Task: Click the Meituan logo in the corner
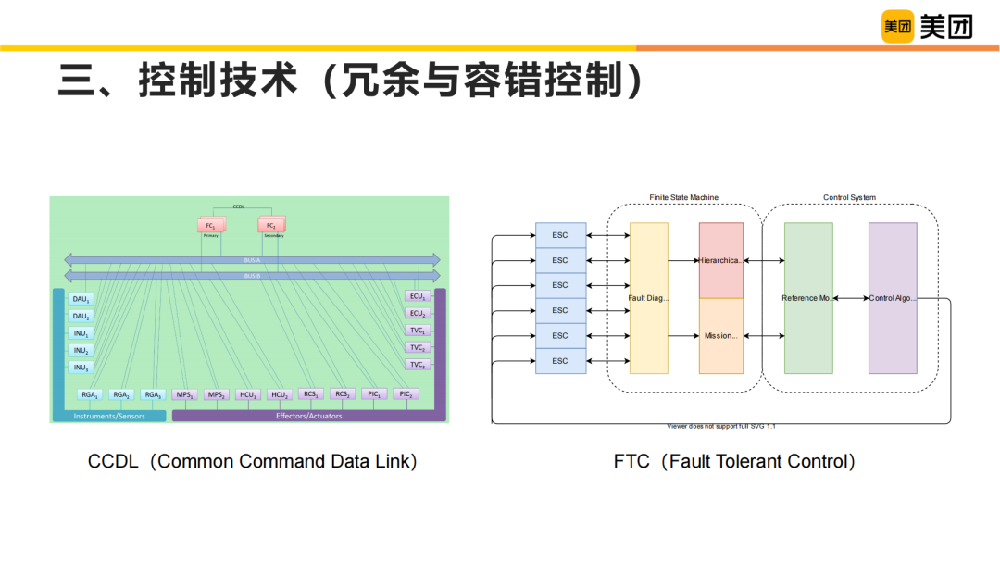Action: [927, 27]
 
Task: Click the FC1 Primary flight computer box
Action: [211, 226]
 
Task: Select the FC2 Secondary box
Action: [271, 226]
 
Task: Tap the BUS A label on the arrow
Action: [252, 260]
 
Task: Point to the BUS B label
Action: [252, 276]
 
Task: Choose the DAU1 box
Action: [81, 299]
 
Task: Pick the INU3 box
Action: [81, 368]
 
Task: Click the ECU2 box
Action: [418, 314]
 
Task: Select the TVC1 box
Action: [418, 331]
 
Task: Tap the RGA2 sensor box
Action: [121, 395]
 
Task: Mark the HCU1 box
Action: [247, 395]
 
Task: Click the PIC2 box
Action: [405, 394]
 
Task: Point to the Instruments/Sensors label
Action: [108, 416]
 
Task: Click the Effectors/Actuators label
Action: [308, 416]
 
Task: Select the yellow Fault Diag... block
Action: [649, 298]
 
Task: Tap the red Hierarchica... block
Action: [721, 260]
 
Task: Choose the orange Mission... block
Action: [721, 336]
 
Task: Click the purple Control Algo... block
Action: [893, 298]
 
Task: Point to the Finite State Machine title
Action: [683, 198]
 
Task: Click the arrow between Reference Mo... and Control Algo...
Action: [851, 298]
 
